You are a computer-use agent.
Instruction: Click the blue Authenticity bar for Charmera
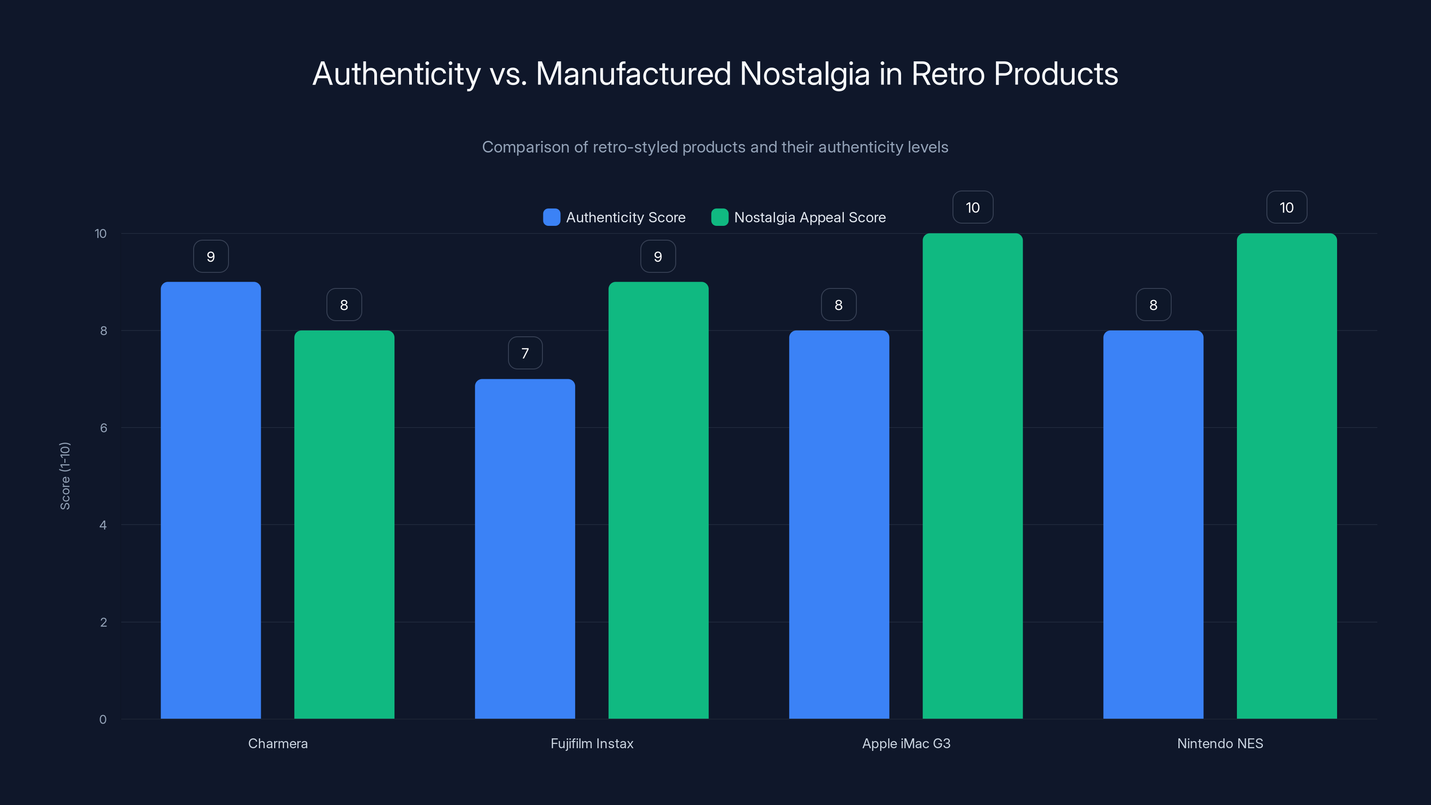(x=211, y=500)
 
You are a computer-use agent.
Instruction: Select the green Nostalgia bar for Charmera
(x=344, y=525)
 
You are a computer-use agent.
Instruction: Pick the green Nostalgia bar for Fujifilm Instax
(x=658, y=500)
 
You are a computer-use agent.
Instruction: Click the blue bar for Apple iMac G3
(x=839, y=525)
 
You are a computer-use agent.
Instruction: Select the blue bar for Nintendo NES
(x=1153, y=525)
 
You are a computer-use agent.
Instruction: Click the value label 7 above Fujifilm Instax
(x=525, y=353)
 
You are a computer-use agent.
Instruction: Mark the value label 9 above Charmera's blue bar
(x=211, y=257)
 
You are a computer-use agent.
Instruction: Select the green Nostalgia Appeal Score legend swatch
(x=720, y=217)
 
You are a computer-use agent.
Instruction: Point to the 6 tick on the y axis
(x=103, y=428)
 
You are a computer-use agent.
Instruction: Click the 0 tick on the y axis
(x=103, y=720)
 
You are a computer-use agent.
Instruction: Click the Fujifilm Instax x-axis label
(x=592, y=743)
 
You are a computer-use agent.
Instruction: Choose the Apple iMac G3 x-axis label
(x=906, y=743)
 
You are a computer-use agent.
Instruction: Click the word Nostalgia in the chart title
(x=804, y=74)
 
